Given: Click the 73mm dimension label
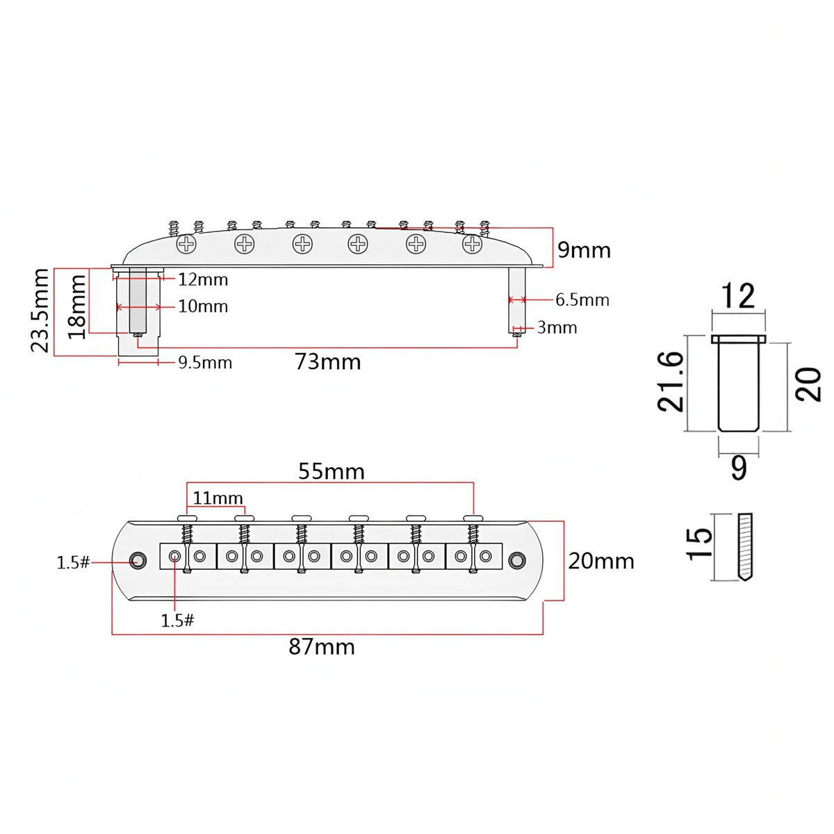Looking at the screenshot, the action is [x=327, y=362].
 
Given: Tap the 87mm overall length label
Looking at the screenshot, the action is [x=322, y=647].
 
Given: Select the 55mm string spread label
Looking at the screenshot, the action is [x=332, y=471].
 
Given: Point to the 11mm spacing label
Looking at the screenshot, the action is [x=218, y=498].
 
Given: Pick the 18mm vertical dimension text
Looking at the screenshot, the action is [x=77, y=306].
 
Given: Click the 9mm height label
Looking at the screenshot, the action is [x=584, y=250].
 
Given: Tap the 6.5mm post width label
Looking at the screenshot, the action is [x=582, y=300].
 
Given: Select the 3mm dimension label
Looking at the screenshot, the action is [x=557, y=327].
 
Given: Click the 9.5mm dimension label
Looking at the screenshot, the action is [x=205, y=362].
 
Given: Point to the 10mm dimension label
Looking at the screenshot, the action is [x=203, y=306].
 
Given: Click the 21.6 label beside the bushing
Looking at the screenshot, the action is [x=671, y=381].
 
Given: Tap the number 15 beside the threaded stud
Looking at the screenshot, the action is [x=700, y=544].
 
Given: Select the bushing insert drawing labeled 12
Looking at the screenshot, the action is [x=738, y=382].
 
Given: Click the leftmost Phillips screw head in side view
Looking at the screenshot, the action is [x=186, y=245].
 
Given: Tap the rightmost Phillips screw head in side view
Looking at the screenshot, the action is [x=472, y=245].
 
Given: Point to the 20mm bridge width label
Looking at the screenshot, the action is [x=601, y=562].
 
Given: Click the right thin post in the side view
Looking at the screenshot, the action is [x=517, y=300].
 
